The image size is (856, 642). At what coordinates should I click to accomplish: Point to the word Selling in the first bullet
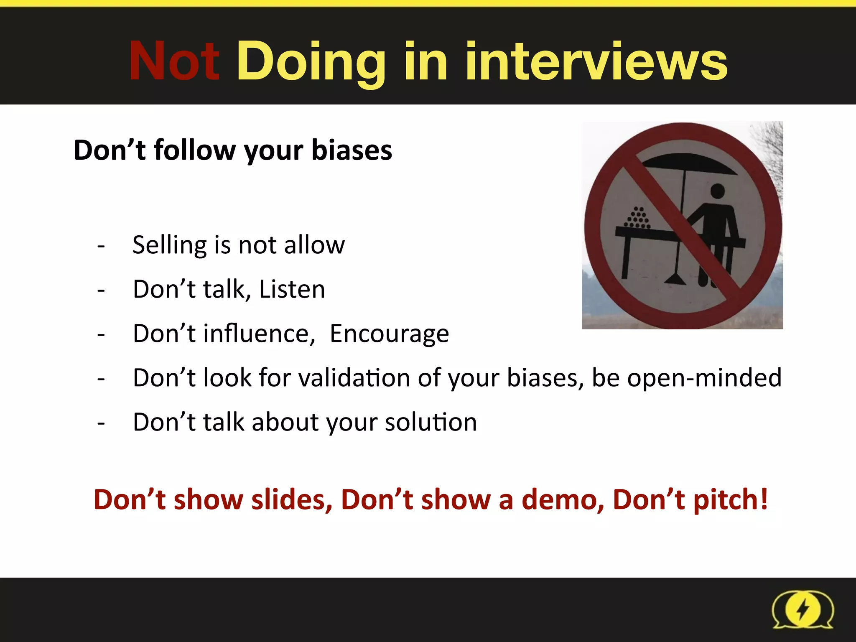click(169, 245)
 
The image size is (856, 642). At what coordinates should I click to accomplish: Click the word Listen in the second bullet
click(292, 289)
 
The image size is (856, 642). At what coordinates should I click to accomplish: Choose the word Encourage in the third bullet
click(389, 334)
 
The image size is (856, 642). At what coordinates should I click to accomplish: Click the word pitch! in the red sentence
click(731, 500)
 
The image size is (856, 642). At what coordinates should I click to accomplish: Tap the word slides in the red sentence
click(292, 500)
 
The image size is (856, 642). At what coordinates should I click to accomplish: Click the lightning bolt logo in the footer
click(802, 609)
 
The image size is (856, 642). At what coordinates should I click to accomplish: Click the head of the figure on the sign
click(717, 191)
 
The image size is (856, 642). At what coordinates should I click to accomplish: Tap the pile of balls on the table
click(637, 218)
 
